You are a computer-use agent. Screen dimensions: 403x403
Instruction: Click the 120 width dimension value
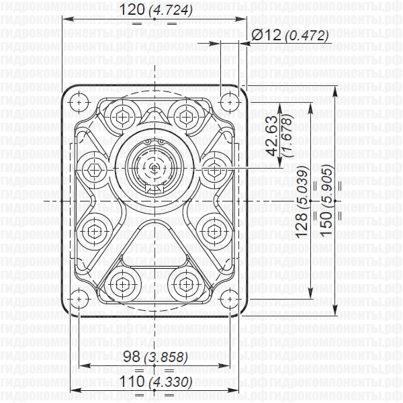(132, 10)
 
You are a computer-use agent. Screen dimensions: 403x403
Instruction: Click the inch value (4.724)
(170, 11)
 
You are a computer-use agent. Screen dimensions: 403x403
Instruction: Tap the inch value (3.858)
(168, 357)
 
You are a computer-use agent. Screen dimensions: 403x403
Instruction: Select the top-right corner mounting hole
(231, 102)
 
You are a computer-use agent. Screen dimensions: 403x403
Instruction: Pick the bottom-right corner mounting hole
(231, 298)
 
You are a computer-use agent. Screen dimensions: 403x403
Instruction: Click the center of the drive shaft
(155, 167)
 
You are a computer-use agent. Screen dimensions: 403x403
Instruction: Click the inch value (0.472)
(306, 36)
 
